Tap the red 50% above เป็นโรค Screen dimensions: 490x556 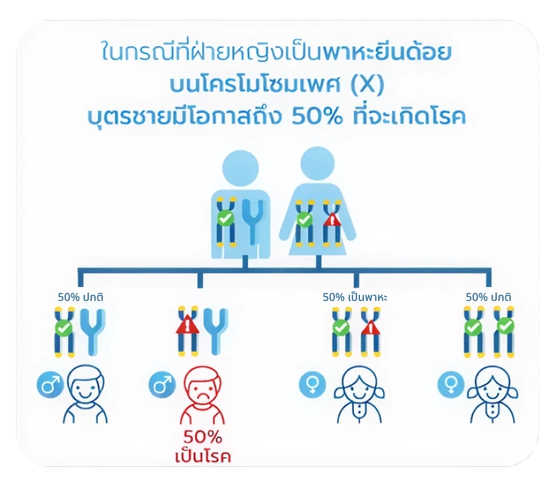tap(203, 439)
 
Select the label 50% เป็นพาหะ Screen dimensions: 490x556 tap(354, 297)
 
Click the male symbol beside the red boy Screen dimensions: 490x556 tap(161, 383)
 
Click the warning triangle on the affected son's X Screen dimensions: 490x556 tap(186, 326)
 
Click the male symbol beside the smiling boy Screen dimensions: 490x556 tap(50, 384)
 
